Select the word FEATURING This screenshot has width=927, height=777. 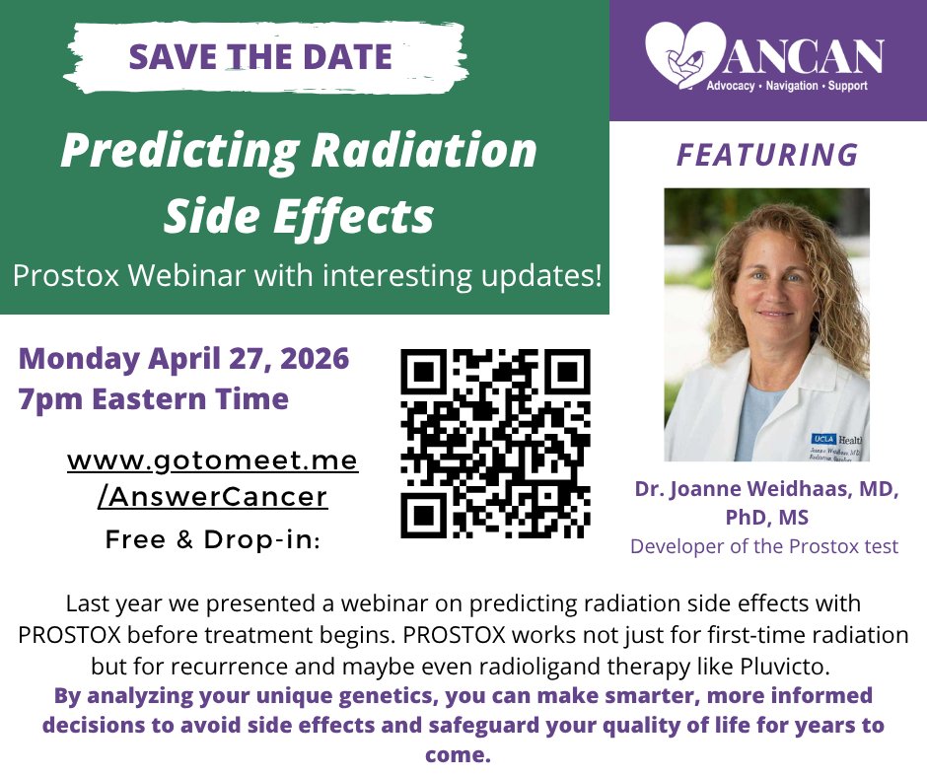point(767,155)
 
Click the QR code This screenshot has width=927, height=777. point(495,443)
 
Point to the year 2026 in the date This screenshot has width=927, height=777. point(315,358)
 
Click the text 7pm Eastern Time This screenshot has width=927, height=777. point(153,399)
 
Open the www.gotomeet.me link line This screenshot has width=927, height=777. point(212,460)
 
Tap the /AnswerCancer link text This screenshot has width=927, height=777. point(212,497)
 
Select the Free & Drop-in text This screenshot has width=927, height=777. point(212,540)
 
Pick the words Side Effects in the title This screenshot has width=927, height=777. point(299,216)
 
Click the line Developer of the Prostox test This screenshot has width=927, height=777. point(764,546)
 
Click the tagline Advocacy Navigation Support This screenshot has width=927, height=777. point(786,87)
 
